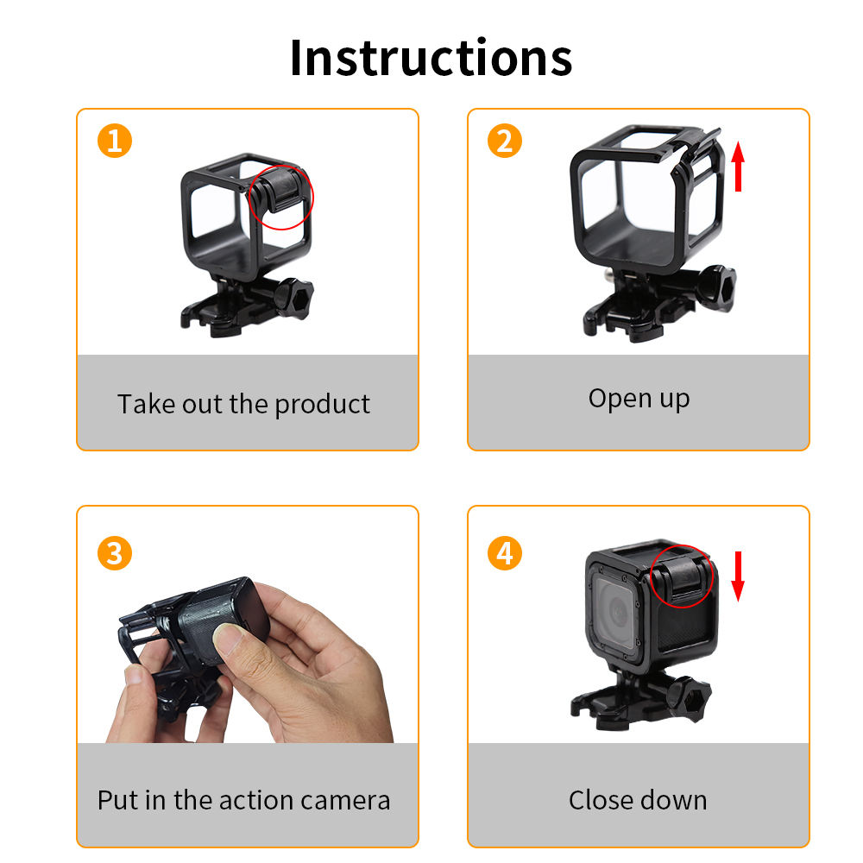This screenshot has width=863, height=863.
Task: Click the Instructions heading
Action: (x=431, y=57)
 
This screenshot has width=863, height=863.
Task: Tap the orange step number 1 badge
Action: (x=114, y=140)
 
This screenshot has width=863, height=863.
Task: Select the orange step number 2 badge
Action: (x=505, y=140)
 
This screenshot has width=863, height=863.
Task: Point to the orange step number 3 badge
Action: (x=114, y=552)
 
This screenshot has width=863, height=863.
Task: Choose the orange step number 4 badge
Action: (x=505, y=552)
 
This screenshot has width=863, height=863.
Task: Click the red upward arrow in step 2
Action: (x=738, y=167)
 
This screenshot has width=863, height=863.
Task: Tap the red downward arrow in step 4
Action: (x=738, y=576)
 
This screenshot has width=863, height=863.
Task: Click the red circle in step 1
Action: (x=281, y=197)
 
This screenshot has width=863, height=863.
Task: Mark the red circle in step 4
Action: (x=681, y=575)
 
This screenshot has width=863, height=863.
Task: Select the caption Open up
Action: (x=639, y=398)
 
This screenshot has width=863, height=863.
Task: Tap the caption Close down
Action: (x=638, y=800)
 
